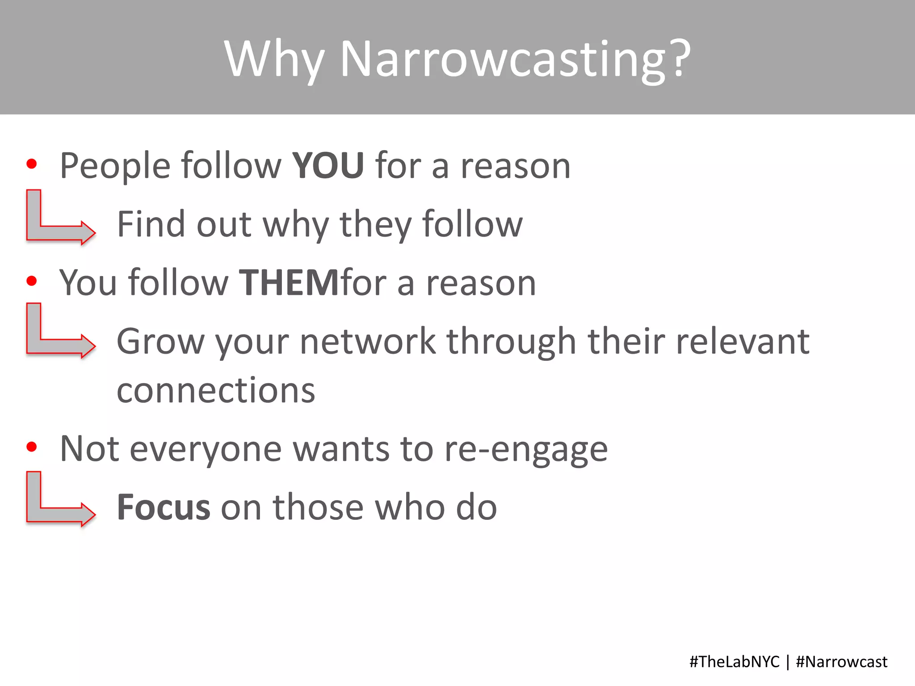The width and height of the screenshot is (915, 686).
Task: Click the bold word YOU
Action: [x=328, y=166]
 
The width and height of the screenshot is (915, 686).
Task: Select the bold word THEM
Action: [x=289, y=283]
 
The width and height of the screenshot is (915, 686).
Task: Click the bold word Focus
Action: [x=164, y=507]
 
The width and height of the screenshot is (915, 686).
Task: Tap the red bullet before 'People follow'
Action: [x=32, y=163]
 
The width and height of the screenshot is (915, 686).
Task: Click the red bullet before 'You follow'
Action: [x=32, y=281]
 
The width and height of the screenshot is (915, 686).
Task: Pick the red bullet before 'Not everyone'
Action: [x=32, y=447]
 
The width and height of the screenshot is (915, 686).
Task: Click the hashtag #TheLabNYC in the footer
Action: [x=734, y=661]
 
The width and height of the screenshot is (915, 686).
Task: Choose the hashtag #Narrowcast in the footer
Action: [x=842, y=661]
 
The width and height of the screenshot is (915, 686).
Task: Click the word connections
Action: [x=216, y=390]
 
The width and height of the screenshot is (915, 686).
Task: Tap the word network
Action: [x=368, y=341]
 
